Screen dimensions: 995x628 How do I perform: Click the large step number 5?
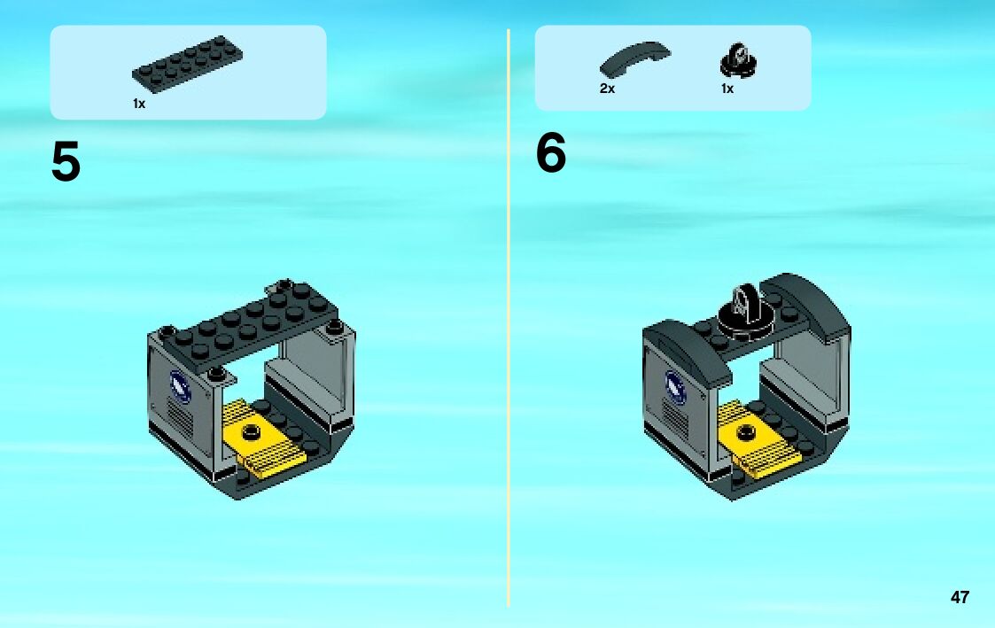(66, 161)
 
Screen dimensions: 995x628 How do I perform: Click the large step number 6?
(551, 152)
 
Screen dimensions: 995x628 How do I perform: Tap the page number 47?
(960, 597)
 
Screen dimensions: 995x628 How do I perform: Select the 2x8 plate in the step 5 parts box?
(187, 64)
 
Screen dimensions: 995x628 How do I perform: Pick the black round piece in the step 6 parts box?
(738, 61)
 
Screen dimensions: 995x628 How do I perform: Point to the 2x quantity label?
(607, 89)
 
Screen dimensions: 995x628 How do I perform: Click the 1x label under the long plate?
(139, 104)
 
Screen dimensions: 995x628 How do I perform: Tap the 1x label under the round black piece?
(727, 89)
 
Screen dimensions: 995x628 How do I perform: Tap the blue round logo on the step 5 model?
(180, 386)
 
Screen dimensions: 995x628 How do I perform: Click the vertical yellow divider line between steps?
(509, 317)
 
